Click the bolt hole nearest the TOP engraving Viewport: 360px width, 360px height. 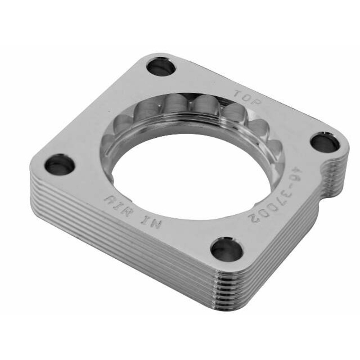(161, 67)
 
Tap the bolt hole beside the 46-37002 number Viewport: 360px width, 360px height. (325, 143)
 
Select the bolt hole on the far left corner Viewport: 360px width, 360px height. (59, 164)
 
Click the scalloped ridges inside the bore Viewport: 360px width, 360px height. (180, 108)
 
